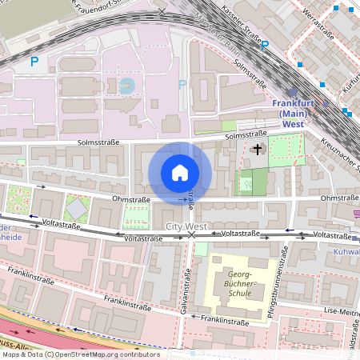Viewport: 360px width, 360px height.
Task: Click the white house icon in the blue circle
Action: point(180,172)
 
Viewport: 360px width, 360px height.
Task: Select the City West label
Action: point(186,227)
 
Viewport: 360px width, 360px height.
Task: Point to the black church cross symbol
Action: point(257,149)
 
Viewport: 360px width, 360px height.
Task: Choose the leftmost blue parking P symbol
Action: point(34,61)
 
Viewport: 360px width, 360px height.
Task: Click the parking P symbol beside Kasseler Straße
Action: point(264,46)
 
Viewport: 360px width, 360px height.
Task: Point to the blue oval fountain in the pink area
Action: point(126,84)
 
